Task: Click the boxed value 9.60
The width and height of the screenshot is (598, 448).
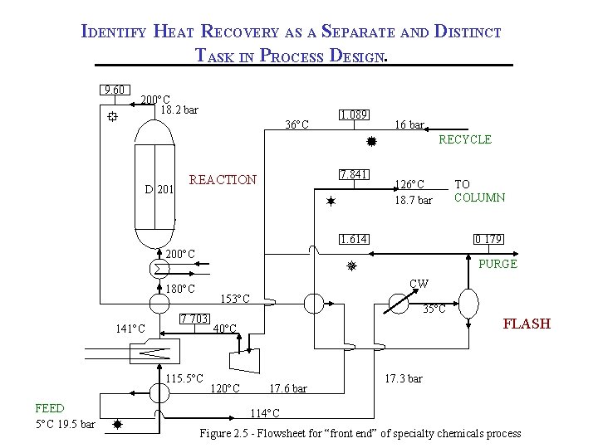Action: coord(115,90)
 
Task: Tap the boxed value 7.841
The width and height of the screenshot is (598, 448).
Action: coord(354,175)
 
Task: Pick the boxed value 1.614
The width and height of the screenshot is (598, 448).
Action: coord(354,240)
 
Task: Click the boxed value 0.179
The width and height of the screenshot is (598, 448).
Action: coord(488,240)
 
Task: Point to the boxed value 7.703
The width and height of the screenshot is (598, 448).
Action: coord(194,319)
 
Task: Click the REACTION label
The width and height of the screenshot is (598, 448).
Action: coord(223,180)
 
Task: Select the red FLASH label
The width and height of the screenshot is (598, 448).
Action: coord(527,324)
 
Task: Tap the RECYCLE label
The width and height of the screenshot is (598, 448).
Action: coord(465,139)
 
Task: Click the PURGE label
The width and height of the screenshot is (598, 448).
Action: coord(498,264)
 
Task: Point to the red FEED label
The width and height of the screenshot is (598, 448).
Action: coord(49,408)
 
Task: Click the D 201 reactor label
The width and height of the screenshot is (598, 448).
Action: coord(159,189)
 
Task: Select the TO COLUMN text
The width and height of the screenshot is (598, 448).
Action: coord(479,191)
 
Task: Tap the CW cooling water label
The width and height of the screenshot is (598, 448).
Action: coord(419,284)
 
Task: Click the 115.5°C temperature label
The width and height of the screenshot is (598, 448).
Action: coord(184,378)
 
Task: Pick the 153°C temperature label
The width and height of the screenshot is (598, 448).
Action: coord(234,299)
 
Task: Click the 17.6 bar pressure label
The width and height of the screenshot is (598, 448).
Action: coord(287,388)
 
